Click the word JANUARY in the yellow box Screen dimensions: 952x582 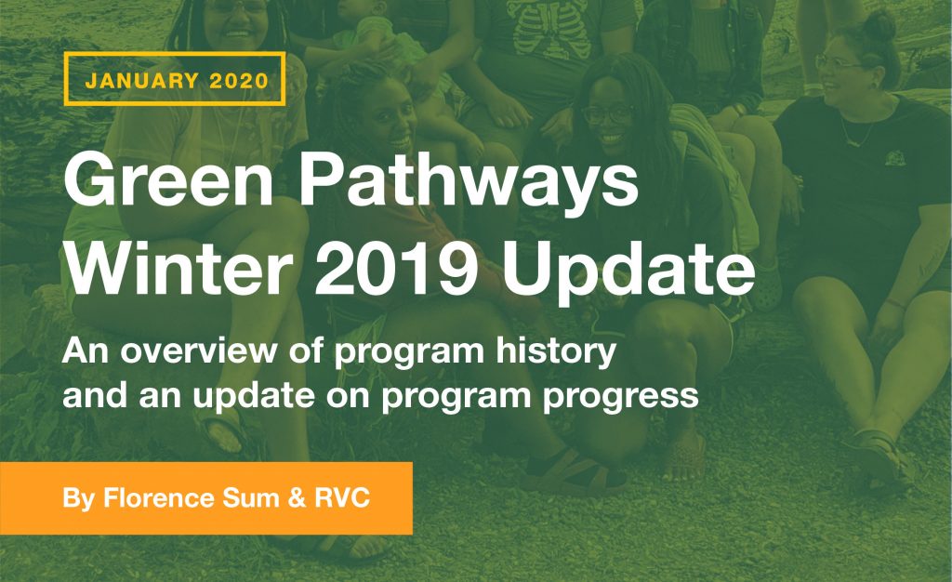pos(142,81)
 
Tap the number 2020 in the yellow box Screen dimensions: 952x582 pos(239,81)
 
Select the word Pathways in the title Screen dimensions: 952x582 pos(469,180)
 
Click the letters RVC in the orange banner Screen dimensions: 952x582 pos(342,498)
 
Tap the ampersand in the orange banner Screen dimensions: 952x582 pos(297,498)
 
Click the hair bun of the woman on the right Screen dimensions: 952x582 pos(878,25)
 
